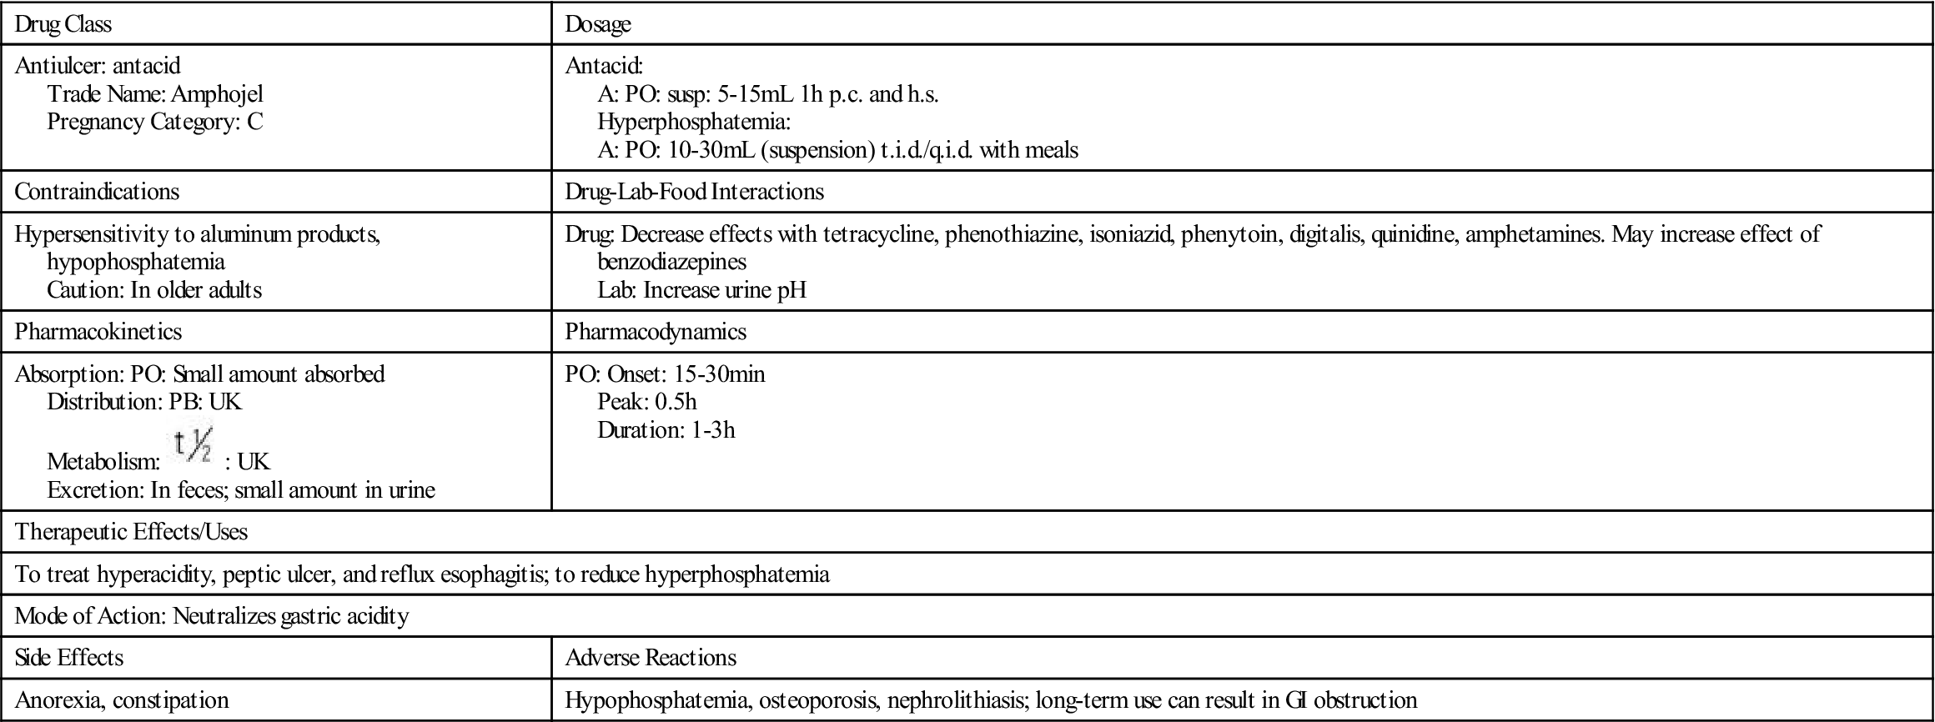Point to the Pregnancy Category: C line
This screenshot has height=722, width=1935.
click(x=155, y=122)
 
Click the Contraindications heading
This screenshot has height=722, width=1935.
click(x=97, y=192)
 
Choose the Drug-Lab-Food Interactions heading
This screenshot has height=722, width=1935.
click(x=694, y=192)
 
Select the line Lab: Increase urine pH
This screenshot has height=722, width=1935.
click(x=701, y=290)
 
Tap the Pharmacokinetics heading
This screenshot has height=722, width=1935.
click(x=98, y=332)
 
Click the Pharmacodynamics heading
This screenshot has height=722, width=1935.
click(x=656, y=332)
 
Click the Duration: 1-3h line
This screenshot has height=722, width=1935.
click(x=666, y=430)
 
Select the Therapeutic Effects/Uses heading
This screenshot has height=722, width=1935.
click(x=131, y=532)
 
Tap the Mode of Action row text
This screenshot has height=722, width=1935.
click(x=212, y=616)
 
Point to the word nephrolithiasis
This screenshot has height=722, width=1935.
click(x=956, y=700)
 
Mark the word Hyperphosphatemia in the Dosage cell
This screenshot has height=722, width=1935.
click(x=694, y=122)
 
